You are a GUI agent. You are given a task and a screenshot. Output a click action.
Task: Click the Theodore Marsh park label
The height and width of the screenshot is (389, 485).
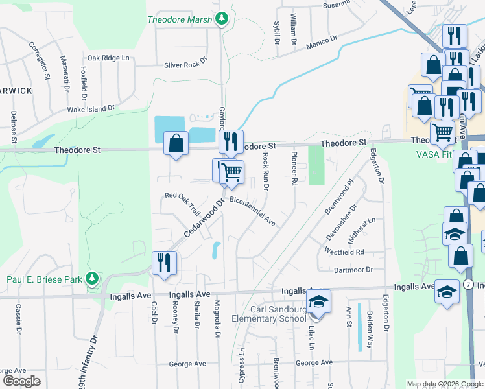[x=180, y=19]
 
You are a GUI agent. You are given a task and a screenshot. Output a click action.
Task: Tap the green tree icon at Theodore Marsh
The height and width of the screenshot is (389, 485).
[x=222, y=18]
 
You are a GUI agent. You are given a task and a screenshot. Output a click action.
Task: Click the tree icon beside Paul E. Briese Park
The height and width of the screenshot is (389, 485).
[x=93, y=279]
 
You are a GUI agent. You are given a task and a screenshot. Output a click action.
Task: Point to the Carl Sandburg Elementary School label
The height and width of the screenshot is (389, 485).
[x=269, y=313]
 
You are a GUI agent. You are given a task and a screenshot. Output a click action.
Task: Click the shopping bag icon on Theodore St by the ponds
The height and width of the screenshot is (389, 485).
[x=176, y=143]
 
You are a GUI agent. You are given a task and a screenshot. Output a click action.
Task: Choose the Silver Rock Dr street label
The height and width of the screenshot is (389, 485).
[x=185, y=63]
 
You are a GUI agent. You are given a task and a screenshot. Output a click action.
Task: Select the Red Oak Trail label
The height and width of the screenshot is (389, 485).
[x=183, y=202]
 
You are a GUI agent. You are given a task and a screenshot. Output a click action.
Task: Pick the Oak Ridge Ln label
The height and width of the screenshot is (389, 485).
[x=109, y=58]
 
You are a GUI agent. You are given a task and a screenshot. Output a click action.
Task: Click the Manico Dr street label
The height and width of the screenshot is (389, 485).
[x=322, y=42]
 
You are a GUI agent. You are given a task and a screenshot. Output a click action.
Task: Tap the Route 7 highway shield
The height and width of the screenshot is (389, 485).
[x=468, y=285]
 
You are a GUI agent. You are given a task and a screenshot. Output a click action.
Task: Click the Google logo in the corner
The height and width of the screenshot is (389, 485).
[x=21, y=381]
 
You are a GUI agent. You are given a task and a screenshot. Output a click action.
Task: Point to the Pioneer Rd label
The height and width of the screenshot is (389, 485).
[x=294, y=168]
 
